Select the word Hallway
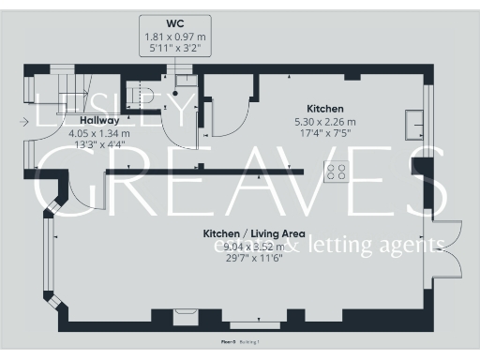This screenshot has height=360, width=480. tap(99, 121)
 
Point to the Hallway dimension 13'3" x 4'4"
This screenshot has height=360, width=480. tap(99, 145)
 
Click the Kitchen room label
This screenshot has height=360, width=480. tap(325, 109)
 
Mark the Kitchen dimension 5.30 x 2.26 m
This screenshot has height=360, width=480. tap(325, 121)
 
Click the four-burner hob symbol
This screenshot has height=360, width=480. tap(337, 172)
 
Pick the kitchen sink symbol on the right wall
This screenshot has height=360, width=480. tap(413, 123)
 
